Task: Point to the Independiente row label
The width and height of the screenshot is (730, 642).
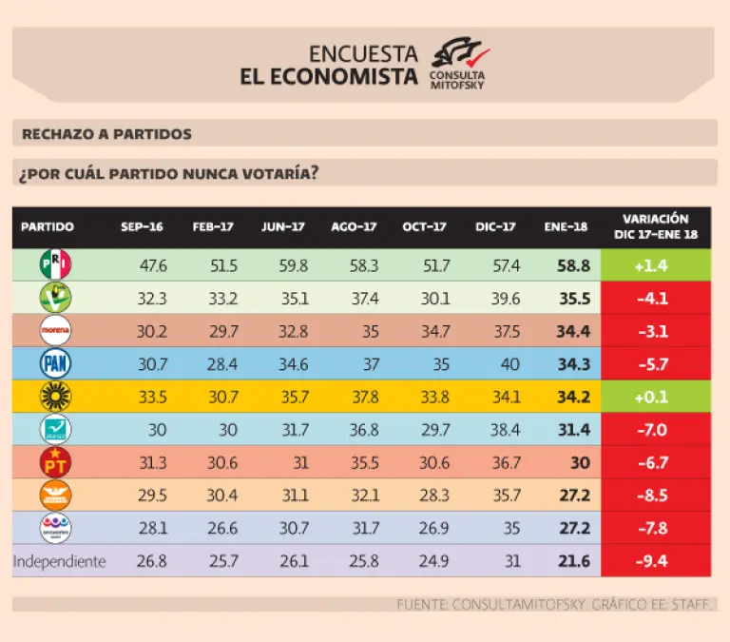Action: pos(59,561)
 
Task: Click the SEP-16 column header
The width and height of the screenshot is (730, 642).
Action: pos(142,227)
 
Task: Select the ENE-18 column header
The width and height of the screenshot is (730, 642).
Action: pos(566,227)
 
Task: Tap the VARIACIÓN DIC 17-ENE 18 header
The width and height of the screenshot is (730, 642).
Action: pos(656,226)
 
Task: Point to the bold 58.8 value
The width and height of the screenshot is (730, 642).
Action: pos(573,266)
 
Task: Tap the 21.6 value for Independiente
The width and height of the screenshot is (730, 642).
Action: pos(573,561)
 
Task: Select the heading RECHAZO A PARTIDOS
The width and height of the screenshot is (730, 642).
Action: pos(106,133)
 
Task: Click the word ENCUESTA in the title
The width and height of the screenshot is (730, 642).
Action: pos(363,54)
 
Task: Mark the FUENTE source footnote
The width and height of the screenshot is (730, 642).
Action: pos(555,604)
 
